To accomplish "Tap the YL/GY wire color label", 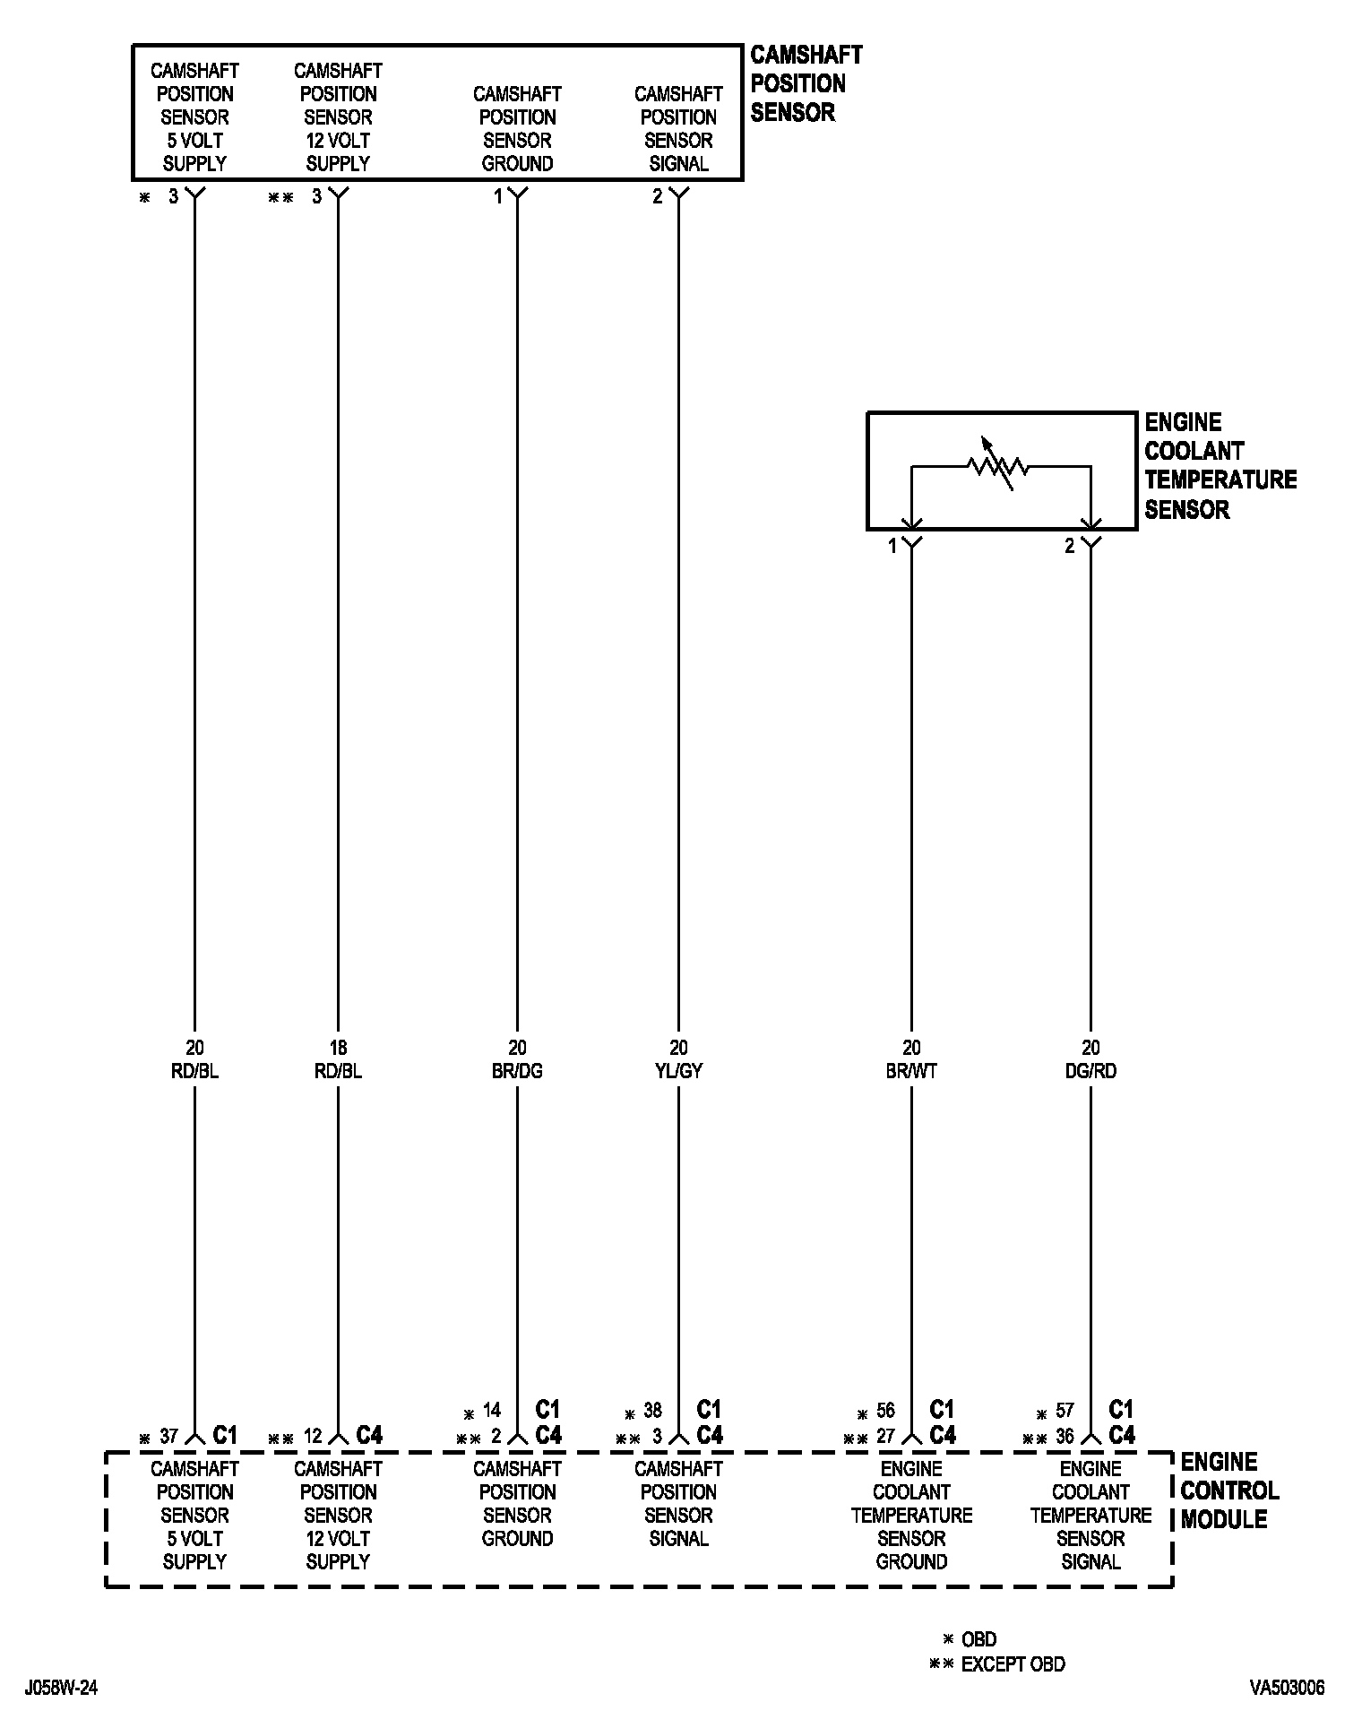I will [x=678, y=1071].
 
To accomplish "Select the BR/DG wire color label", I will [x=517, y=1071].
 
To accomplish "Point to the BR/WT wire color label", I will [x=911, y=1071].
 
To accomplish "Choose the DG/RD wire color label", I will [x=1090, y=1071].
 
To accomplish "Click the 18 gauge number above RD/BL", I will [x=338, y=1048].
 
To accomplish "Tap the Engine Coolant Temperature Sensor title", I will [x=1220, y=466].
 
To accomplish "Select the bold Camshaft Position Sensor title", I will [x=806, y=83].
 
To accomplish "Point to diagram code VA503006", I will [x=1288, y=1689].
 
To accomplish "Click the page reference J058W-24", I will [x=61, y=1689].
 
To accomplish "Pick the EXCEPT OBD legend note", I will [x=1013, y=1665].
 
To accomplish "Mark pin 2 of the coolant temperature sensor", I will [x=1069, y=546].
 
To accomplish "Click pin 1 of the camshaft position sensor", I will [x=498, y=196].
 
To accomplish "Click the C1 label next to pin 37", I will [x=225, y=1436].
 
